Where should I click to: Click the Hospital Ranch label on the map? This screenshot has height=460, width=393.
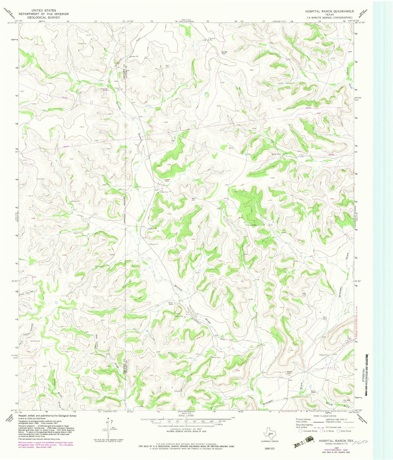[x=167, y=180]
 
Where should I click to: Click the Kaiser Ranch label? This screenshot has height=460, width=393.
[x=313, y=392]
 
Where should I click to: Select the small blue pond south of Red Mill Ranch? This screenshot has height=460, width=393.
[x=207, y=95]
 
